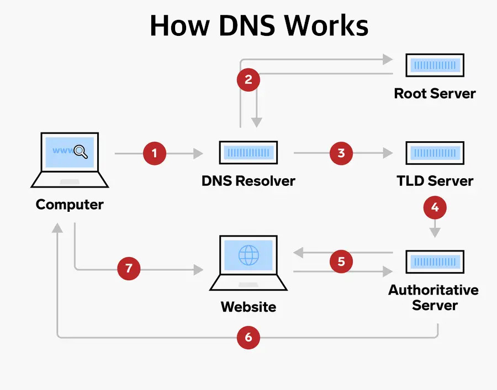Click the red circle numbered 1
point(155,153)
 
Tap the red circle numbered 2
point(248,79)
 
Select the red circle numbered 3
point(341,153)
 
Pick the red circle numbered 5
point(341,261)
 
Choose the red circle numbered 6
point(248,337)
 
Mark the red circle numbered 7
point(129,269)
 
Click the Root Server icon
point(435,65)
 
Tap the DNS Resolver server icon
point(248,152)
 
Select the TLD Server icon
point(435,152)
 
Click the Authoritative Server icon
point(435,261)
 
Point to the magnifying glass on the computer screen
point(81,151)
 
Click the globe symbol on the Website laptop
point(248,255)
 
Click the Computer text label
point(70,205)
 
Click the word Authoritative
point(433,290)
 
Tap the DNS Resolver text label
point(248,180)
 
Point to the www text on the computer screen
point(62,150)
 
